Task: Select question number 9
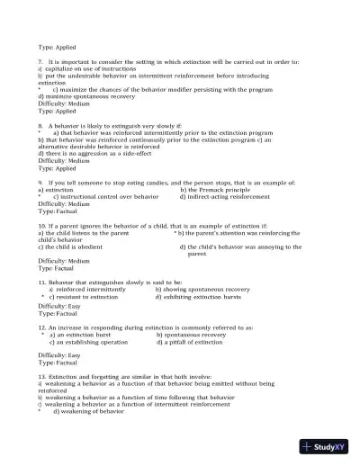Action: pyautogui.click(x=40, y=182)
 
